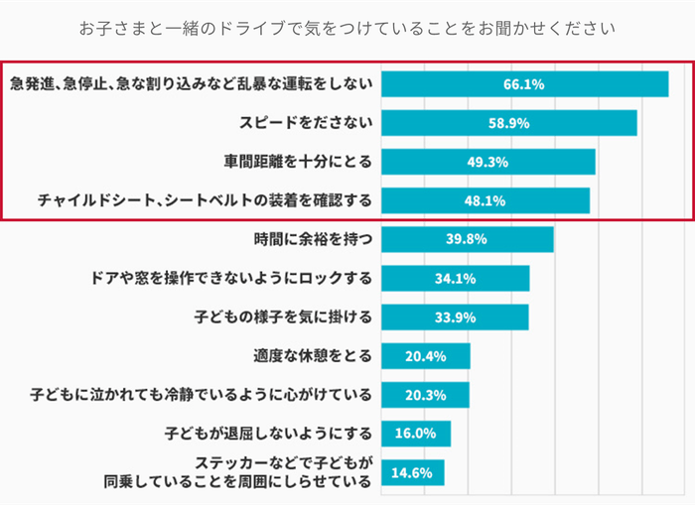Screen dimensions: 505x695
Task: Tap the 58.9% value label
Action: (x=508, y=123)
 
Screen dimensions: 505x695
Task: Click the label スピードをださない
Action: (x=306, y=123)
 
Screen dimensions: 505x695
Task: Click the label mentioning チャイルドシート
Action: (x=205, y=200)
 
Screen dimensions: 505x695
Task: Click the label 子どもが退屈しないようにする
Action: (x=268, y=434)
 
